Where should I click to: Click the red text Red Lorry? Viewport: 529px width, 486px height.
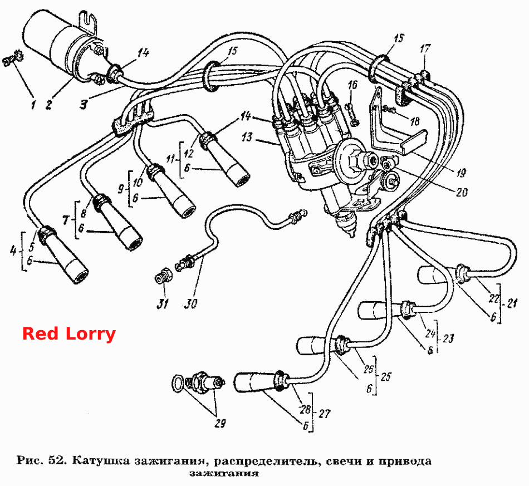(69, 334)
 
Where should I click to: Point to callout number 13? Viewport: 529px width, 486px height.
(247, 138)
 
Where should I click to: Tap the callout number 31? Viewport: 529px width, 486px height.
(162, 304)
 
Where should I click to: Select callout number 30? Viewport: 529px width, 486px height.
(191, 304)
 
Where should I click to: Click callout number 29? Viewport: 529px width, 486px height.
(220, 423)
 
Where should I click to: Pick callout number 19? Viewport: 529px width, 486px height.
(461, 173)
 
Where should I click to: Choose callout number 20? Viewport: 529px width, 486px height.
(462, 192)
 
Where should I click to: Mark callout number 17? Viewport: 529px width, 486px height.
(425, 48)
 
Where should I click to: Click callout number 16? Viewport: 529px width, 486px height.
(352, 85)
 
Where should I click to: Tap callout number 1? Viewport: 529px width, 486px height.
(33, 105)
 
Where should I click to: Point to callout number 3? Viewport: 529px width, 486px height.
(84, 105)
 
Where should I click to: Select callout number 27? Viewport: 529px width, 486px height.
(324, 414)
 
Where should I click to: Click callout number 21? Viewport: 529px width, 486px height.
(512, 303)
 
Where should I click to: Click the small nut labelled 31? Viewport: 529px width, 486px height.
(164, 276)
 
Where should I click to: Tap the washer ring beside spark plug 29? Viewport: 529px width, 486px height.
(179, 384)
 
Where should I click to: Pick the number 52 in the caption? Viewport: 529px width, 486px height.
(56, 460)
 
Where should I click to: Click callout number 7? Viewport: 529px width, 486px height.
(66, 220)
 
